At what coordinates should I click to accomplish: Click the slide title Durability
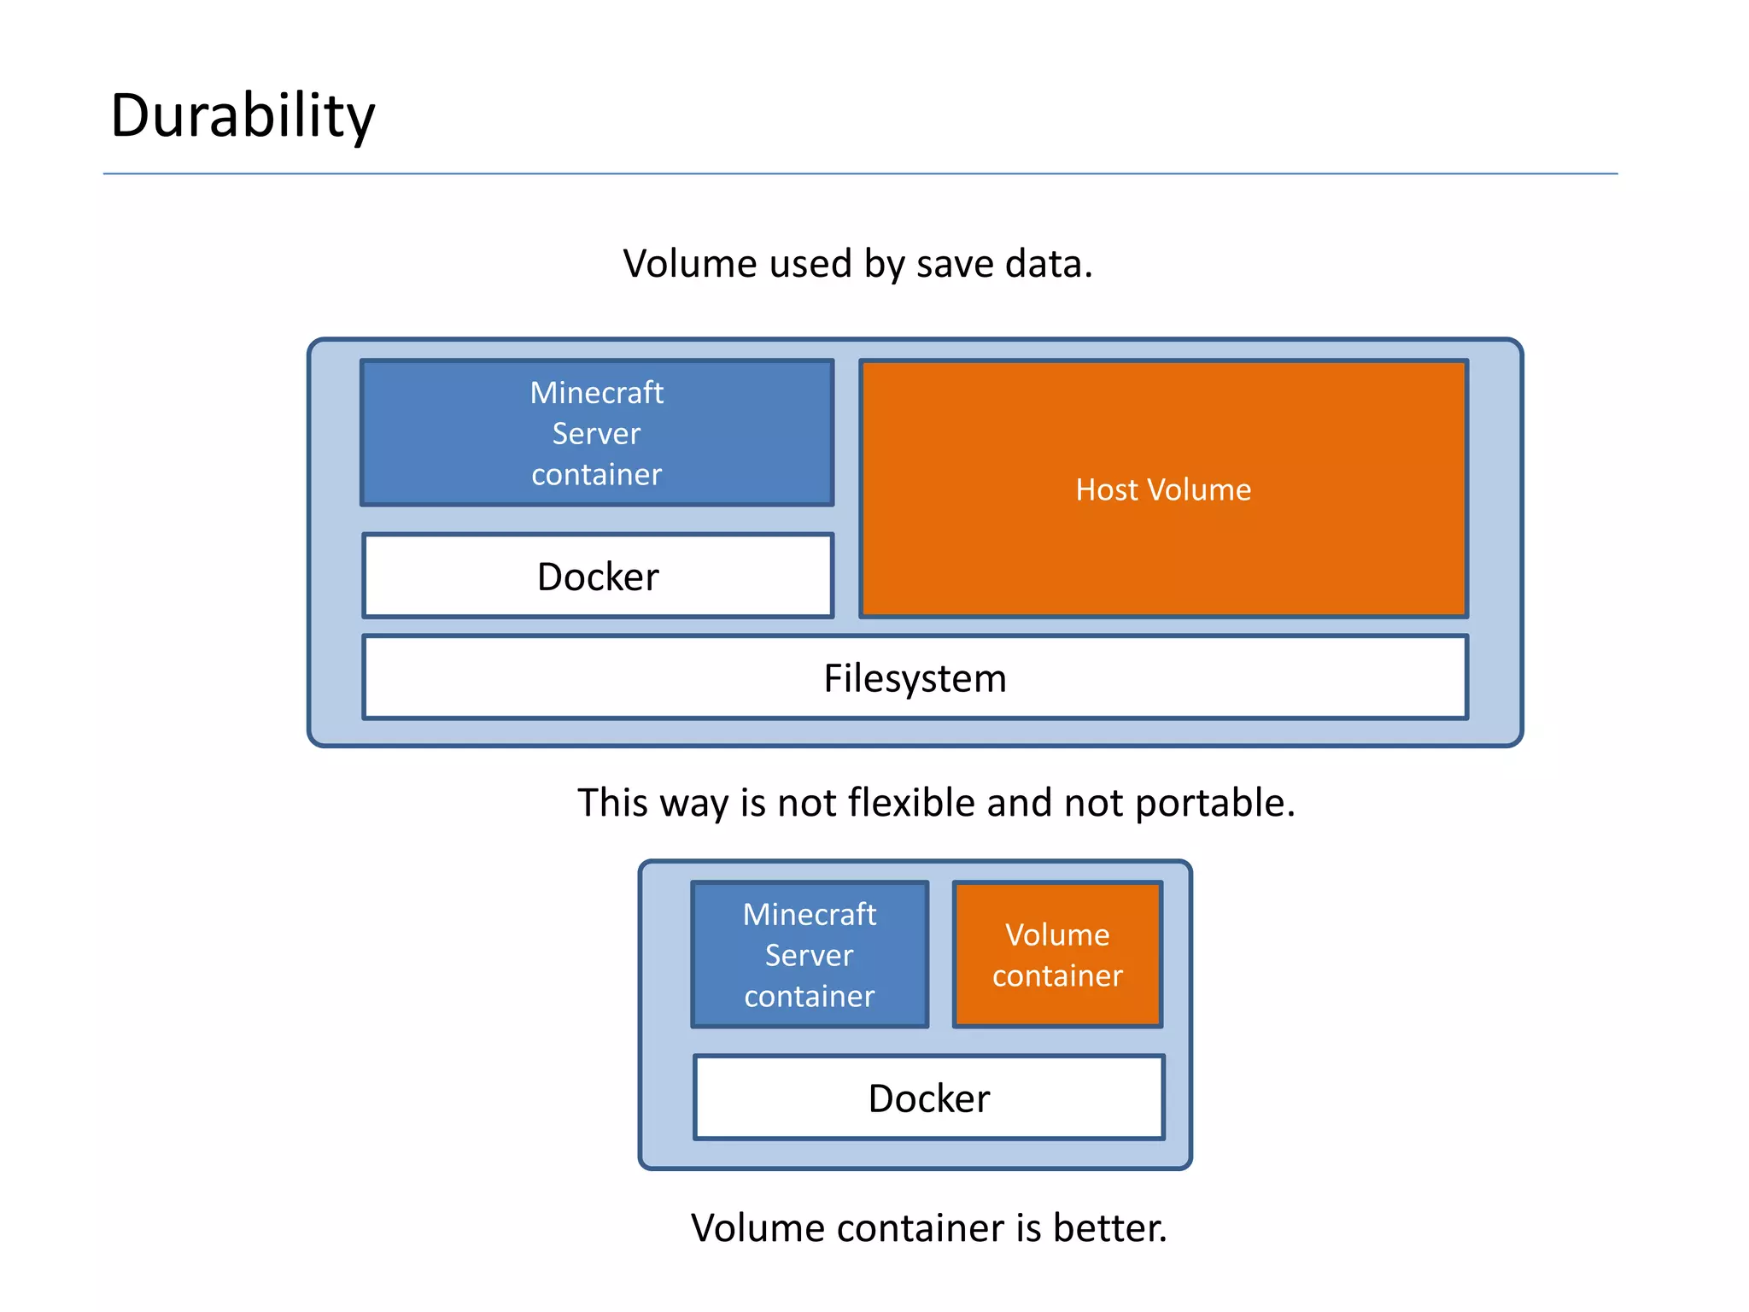pos(243,115)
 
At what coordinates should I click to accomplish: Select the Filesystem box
pos(915,678)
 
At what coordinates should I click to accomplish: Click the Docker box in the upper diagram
pos(598,577)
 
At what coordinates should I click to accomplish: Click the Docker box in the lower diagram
pos(929,1098)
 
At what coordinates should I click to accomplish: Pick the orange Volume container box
pos(1057,955)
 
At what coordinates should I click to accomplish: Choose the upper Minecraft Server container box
pos(597,433)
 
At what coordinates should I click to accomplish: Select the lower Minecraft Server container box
pos(810,955)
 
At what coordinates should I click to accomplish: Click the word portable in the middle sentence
pos(1214,804)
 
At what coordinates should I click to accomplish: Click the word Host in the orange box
pos(1107,489)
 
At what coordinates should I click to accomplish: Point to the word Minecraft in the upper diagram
pos(597,393)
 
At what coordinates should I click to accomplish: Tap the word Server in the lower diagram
pos(809,955)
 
